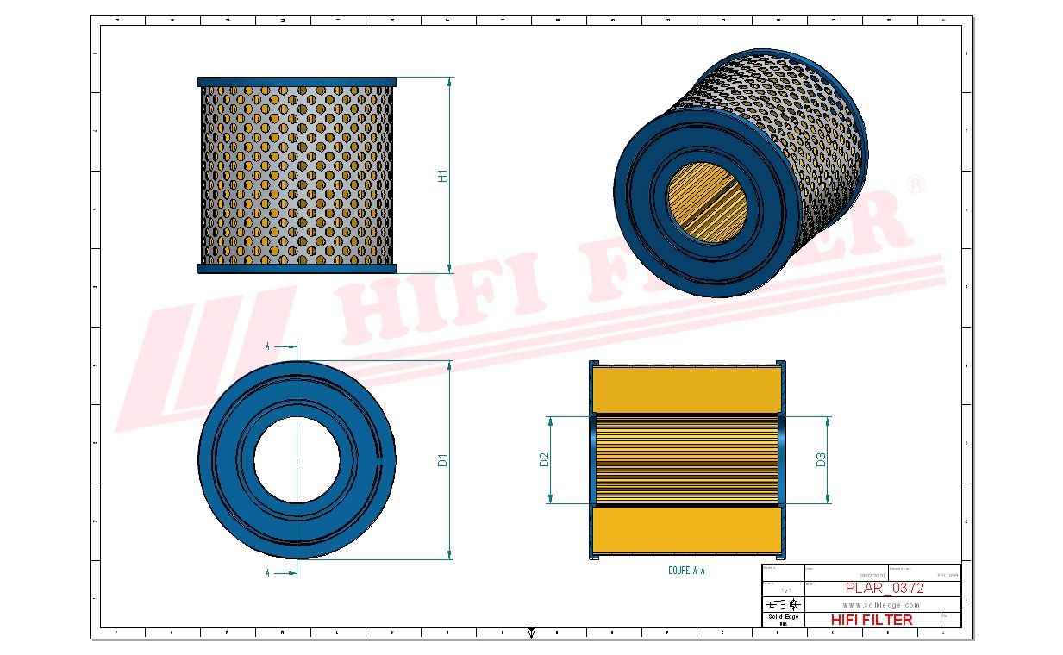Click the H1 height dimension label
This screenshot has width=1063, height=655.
[x=442, y=176]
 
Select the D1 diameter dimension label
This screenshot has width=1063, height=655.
[x=442, y=459]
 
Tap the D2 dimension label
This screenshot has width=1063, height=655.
[x=544, y=459]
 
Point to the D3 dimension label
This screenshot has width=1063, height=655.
[x=821, y=459]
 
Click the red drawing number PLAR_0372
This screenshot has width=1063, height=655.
[x=884, y=588]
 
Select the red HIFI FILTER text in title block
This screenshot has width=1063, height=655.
[x=871, y=619]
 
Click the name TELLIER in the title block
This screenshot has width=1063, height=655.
[x=946, y=575]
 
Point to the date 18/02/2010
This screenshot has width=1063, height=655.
[x=872, y=575]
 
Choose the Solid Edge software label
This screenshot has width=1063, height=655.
[x=783, y=617]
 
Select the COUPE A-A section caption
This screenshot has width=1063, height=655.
[x=686, y=571]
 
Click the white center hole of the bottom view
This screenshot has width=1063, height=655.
[x=297, y=459]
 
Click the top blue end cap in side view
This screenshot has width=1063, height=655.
[x=297, y=82]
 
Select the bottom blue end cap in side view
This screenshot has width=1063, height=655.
[x=297, y=268]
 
